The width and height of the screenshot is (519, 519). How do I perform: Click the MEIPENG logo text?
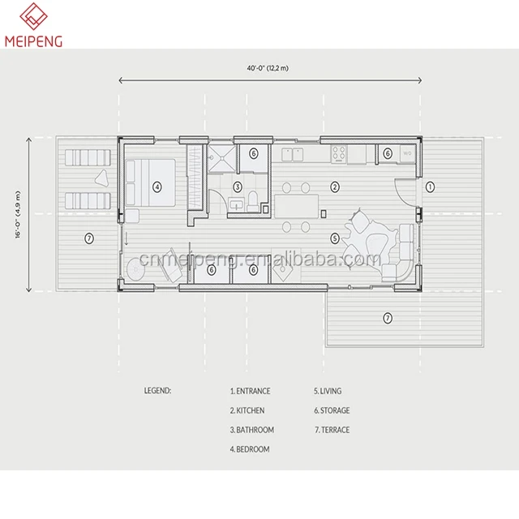click(x=33, y=41)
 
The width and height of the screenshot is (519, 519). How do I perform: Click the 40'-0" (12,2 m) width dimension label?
click(x=268, y=68)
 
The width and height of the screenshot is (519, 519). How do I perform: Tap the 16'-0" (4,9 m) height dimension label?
click(x=18, y=214)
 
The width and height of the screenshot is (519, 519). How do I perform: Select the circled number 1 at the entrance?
click(x=430, y=187)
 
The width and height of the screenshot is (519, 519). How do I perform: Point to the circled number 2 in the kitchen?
click(x=335, y=187)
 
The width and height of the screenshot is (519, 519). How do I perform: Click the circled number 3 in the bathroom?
click(x=238, y=187)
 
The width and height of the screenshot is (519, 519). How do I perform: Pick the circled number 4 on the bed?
click(x=157, y=187)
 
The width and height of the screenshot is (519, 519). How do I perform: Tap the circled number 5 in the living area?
click(x=335, y=238)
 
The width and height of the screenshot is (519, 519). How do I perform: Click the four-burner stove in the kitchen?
click(x=339, y=154)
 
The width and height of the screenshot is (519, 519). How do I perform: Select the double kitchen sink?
click(x=292, y=155)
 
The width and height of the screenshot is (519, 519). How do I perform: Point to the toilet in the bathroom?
click(x=253, y=202)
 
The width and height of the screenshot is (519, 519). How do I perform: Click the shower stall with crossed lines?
click(x=221, y=159)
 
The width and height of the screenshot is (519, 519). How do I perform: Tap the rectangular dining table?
click(x=297, y=207)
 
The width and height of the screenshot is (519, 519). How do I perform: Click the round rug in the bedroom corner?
click(x=135, y=269)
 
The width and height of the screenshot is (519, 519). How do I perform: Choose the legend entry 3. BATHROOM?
click(x=252, y=430)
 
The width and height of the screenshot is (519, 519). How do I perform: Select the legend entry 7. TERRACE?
click(x=332, y=430)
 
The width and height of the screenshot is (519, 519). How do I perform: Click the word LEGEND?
click(x=157, y=391)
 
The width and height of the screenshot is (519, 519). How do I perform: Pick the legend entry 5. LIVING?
click(x=328, y=391)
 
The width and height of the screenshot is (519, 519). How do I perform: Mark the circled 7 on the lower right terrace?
click(x=388, y=318)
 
